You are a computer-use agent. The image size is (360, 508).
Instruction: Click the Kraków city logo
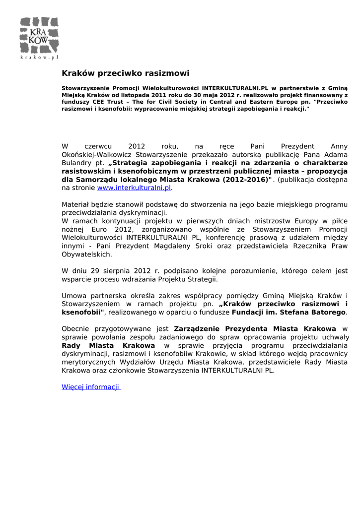39,35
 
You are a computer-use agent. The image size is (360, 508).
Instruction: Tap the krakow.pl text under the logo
39,57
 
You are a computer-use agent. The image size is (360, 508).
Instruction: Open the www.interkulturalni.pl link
134,188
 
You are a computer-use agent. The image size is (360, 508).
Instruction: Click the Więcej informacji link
91,387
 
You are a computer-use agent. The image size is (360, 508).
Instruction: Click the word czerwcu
98,146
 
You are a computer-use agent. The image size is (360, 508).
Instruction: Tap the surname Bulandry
75,162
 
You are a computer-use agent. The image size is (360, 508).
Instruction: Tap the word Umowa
73,296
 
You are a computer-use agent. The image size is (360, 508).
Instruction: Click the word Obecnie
76,328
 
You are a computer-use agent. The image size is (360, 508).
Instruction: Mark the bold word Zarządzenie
197,328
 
